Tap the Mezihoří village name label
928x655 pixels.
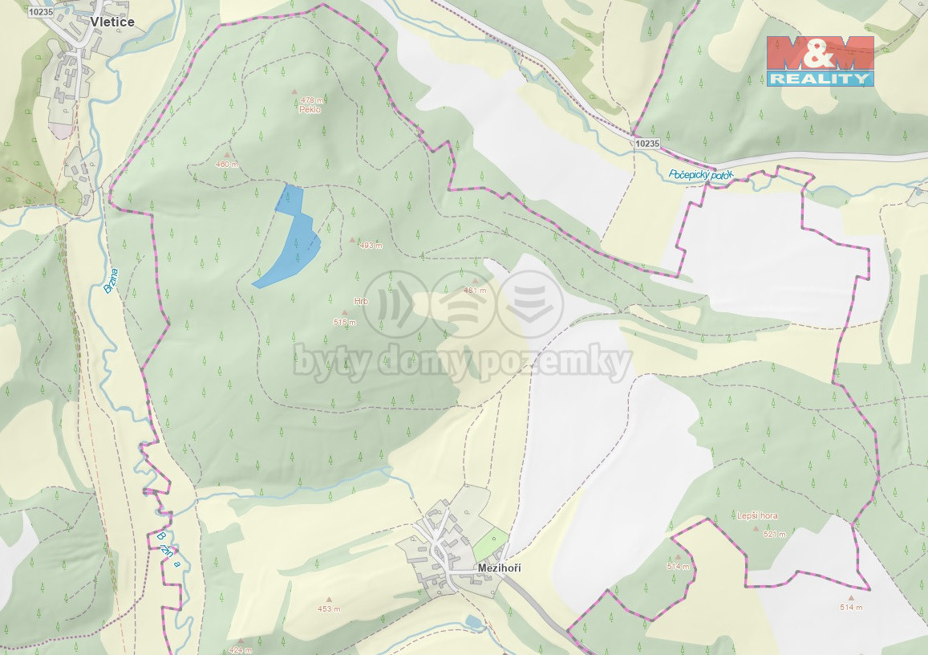[x=499, y=568]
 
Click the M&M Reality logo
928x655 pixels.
[x=820, y=61]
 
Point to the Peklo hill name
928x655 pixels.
[x=309, y=110]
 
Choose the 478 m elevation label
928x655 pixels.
[x=313, y=101]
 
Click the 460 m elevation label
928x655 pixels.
[x=227, y=165]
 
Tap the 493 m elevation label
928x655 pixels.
[x=371, y=246]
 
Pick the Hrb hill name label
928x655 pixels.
[x=360, y=302]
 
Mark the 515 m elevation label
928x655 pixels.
[x=344, y=322]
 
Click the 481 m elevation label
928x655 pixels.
[x=475, y=291]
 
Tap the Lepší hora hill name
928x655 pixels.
[x=757, y=516]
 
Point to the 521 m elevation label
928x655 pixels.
[x=774, y=534]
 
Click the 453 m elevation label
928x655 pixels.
[x=329, y=608]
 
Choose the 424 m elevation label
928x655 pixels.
[x=239, y=649]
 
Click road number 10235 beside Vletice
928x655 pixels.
[x=39, y=12]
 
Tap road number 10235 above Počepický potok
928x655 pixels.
[x=646, y=144]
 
